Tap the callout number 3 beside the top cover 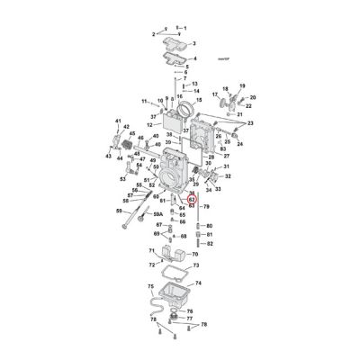click(194, 42)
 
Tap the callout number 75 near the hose click(149, 285)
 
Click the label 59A click(158, 214)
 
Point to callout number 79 click(206, 207)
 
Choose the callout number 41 click(117, 121)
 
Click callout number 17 click(214, 94)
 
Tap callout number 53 click(123, 179)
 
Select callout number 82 click(209, 243)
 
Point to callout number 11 click(145, 101)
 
